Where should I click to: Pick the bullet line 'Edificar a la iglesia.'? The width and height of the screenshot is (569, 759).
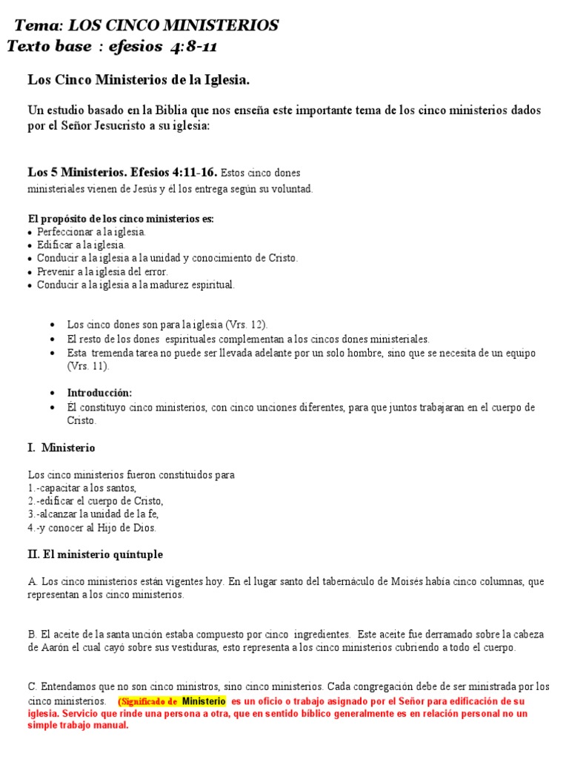tap(81, 245)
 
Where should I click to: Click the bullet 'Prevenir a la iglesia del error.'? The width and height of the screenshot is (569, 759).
tap(103, 271)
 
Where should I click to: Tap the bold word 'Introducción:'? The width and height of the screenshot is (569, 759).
tap(99, 393)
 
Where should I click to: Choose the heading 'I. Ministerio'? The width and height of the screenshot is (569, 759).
tap(61, 448)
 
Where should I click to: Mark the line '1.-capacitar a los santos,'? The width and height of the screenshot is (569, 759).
tap(82, 488)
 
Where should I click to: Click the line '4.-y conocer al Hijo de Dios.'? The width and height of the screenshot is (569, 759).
tap(92, 528)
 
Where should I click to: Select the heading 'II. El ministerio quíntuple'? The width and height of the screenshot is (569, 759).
tap(96, 554)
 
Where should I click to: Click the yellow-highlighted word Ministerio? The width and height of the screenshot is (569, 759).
tap(204, 700)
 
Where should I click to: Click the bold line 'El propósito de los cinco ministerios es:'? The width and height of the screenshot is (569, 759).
tap(121, 219)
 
